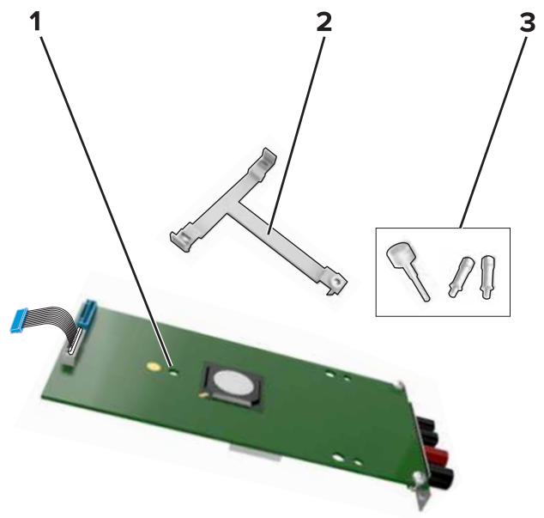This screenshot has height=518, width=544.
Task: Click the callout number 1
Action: (35, 21)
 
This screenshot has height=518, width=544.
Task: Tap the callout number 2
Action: (323, 21)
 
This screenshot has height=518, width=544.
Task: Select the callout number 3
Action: (528, 22)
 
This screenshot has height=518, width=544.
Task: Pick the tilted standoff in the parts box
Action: (461, 277)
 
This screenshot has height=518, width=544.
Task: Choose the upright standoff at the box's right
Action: (488, 277)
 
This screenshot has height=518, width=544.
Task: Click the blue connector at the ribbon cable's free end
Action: (19, 320)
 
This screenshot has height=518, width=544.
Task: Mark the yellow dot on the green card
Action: (154, 366)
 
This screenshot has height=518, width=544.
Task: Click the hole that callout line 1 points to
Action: (173, 373)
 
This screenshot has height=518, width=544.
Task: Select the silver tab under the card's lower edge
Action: (255, 453)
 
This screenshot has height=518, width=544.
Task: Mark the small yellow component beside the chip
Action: (203, 394)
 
